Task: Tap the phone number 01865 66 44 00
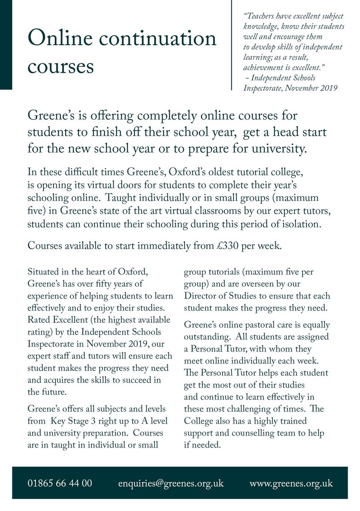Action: (x=60, y=483)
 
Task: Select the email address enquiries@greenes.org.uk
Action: (x=171, y=483)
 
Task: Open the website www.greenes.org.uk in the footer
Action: (x=291, y=483)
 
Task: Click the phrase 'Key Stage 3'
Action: (x=71, y=421)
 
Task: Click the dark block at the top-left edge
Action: (x=6, y=45)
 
